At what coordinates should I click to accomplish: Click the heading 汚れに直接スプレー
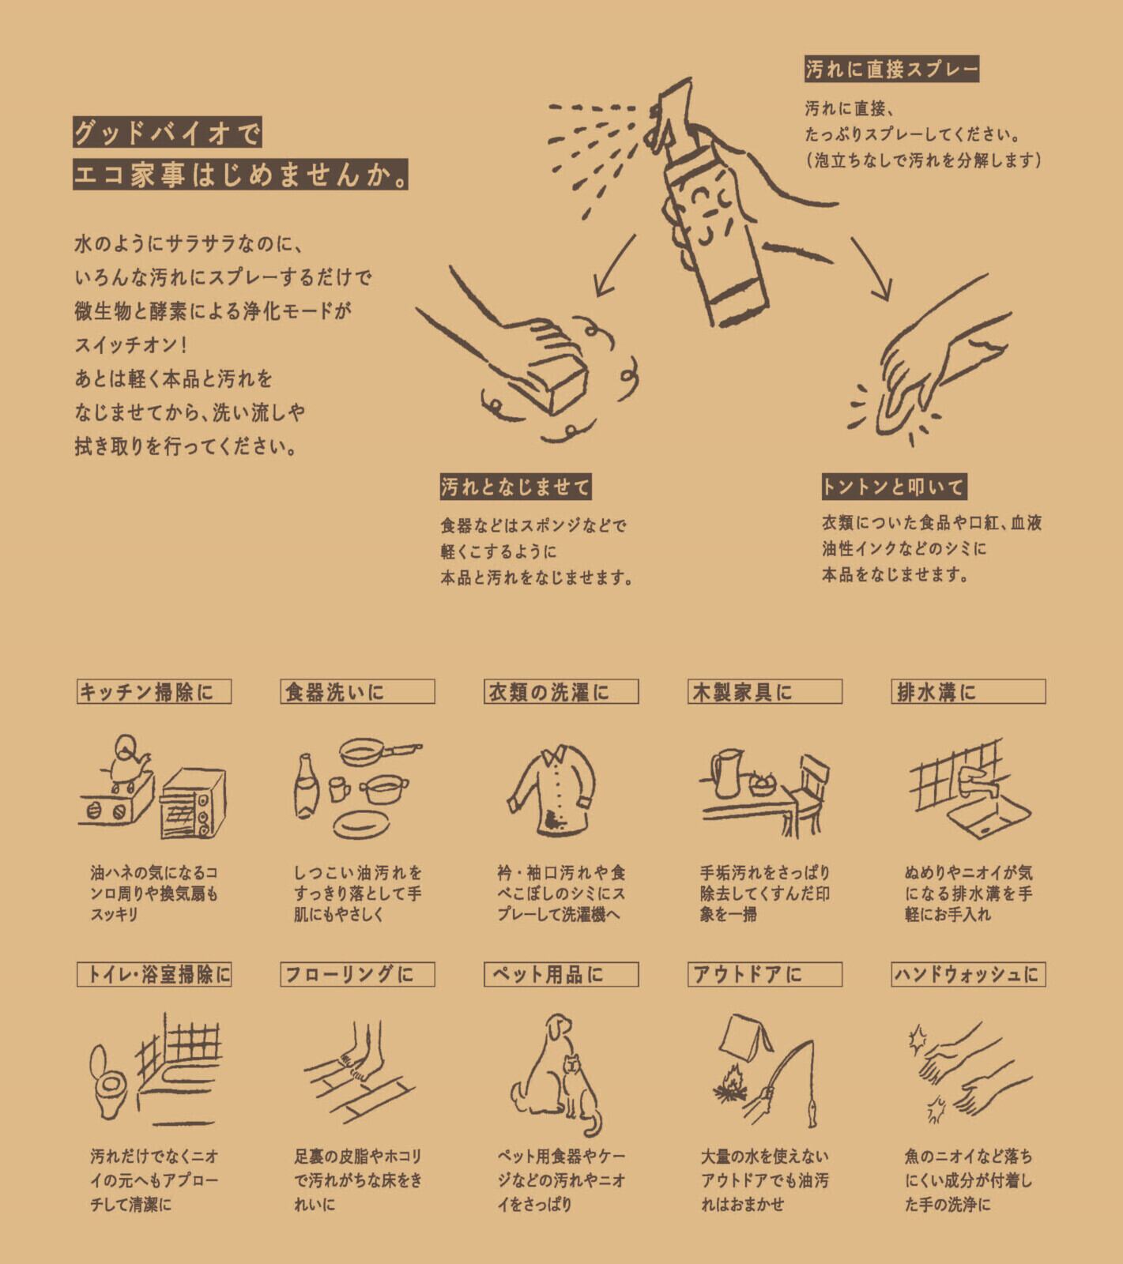coord(891,70)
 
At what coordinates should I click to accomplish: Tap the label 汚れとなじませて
coord(515,487)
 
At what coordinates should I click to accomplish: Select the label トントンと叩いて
coord(894,487)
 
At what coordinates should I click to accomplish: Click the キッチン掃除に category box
coord(154,692)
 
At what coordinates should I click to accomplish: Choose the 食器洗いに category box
coord(357,692)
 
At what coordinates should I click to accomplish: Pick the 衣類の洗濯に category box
coord(561,692)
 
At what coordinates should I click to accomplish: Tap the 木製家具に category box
coord(765,692)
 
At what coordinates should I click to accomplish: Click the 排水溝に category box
coord(968,692)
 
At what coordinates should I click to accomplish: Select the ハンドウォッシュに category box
coord(968,974)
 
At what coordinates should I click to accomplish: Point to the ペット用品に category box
coord(561,974)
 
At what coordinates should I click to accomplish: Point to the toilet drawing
coord(109,1082)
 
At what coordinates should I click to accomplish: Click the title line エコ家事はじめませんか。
coord(242,175)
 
